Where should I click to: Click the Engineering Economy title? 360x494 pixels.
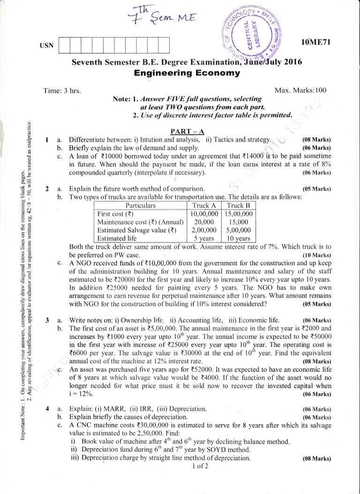coord(187,73)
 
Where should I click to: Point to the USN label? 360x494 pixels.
coord(49,45)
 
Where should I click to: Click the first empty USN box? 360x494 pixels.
coord(66,45)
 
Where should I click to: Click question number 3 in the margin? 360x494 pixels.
coord(48,320)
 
